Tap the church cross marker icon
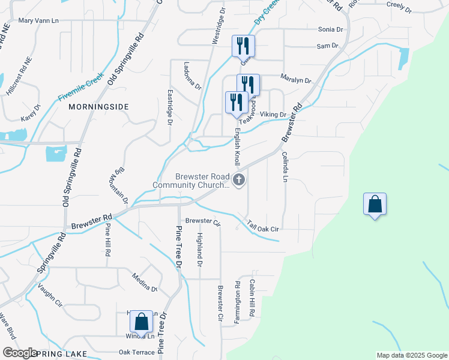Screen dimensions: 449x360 pyautogui.click(x=239, y=180)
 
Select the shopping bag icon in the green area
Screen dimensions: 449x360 pyautogui.click(x=375, y=205)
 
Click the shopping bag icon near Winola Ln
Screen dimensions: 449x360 pyautogui.click(x=142, y=322)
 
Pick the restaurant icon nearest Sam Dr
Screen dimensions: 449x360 pyautogui.click(x=243, y=46)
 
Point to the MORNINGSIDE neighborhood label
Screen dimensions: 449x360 pyautogui.click(x=98, y=106)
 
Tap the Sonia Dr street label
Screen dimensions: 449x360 pyautogui.click(x=330, y=29)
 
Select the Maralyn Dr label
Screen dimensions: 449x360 pyautogui.click(x=296, y=80)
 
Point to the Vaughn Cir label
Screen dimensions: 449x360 pyautogui.click(x=50, y=295)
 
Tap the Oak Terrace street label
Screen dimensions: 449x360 pyautogui.click(x=136, y=352)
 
